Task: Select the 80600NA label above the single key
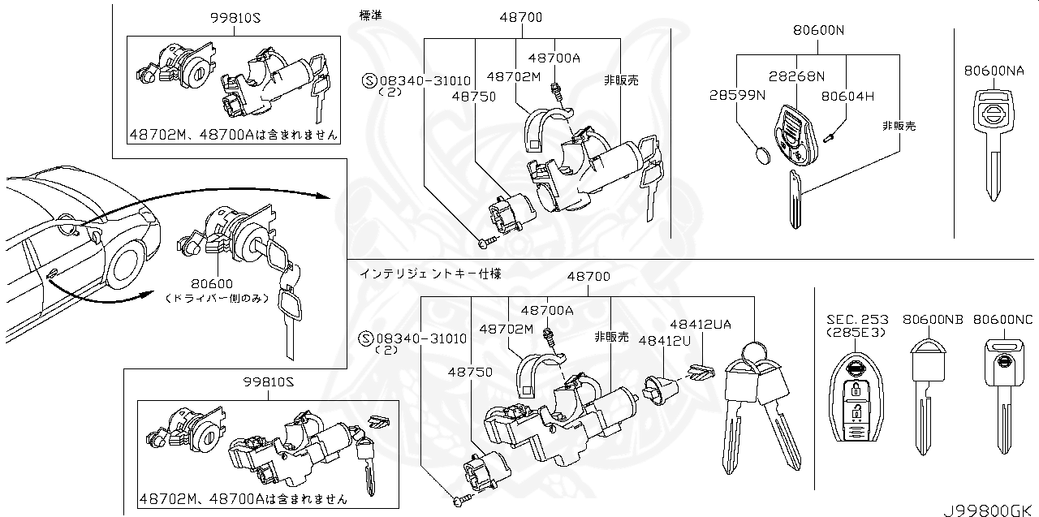(x=994, y=71)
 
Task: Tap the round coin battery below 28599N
(x=762, y=155)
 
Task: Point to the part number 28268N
(x=797, y=76)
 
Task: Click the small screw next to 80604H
(x=830, y=139)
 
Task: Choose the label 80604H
(x=847, y=96)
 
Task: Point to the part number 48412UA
(x=700, y=324)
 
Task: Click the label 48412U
(x=664, y=341)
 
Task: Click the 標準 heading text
(x=371, y=15)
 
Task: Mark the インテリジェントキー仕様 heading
(x=431, y=275)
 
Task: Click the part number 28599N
(x=736, y=96)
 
